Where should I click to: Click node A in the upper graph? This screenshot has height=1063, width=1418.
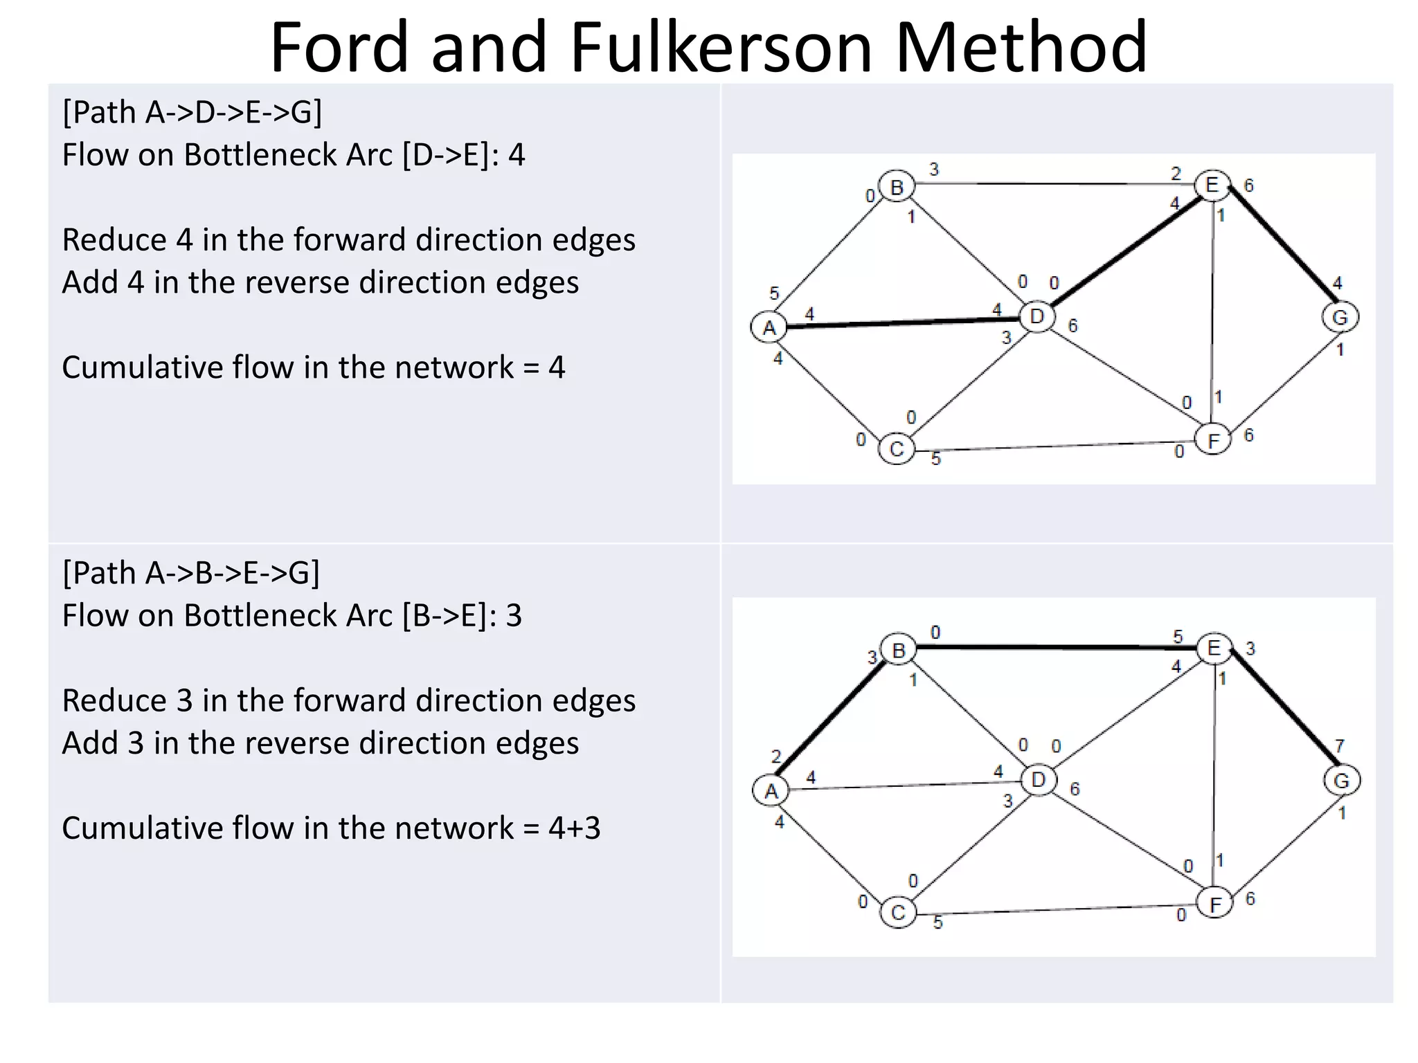tap(769, 327)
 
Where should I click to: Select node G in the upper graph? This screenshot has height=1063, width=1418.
tap(1340, 318)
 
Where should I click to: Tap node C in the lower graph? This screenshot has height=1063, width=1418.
tap(898, 912)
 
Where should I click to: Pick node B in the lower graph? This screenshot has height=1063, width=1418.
tap(899, 651)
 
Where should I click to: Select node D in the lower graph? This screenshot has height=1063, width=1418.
tap(1038, 781)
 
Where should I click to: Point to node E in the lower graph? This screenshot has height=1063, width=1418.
tap(1214, 648)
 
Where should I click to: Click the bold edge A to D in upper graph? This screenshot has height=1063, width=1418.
tap(900, 322)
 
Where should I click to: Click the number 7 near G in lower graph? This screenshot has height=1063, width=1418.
tap(1339, 745)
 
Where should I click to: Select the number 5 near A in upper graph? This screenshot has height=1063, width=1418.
tap(774, 293)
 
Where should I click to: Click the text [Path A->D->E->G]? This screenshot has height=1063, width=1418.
tap(192, 112)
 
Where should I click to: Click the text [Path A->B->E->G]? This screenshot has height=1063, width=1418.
tap(191, 573)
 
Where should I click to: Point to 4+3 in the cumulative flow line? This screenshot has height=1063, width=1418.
tap(574, 828)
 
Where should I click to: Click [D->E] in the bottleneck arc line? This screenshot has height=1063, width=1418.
tap(445, 155)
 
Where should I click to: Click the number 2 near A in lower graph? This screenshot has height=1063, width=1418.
tap(776, 756)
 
